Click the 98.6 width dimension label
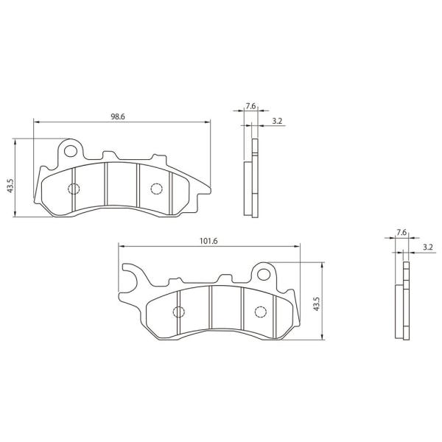[118, 116]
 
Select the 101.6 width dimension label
[208, 241]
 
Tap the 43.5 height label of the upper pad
[10, 186]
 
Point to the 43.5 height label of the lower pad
[317, 304]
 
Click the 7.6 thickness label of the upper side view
[250, 106]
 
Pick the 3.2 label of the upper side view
[277, 121]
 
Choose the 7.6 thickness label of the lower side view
[401, 233]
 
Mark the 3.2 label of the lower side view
[427, 248]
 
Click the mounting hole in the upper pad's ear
[71, 151]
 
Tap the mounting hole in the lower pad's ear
[263, 274]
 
